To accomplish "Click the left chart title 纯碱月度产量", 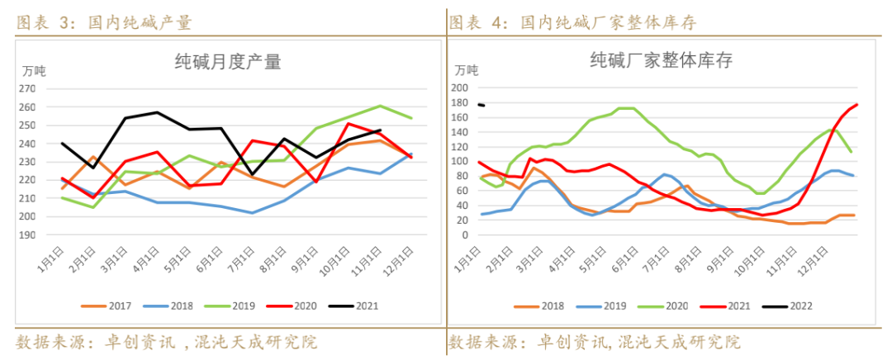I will pyautogui.click(x=227, y=62).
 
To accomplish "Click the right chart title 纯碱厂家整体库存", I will pyautogui.click(x=661, y=60).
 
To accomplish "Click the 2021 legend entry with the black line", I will pyautogui.click(x=353, y=306).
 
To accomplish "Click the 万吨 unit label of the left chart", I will pyautogui.click(x=34, y=70).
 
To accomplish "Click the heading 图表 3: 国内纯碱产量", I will pyautogui.click(x=104, y=22).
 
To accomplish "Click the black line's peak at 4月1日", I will pyautogui.click(x=157, y=112).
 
